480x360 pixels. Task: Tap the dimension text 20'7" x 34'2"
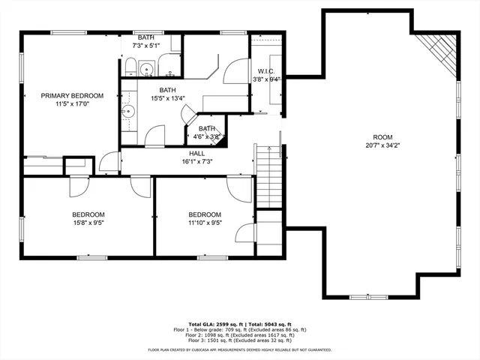[x=382, y=146]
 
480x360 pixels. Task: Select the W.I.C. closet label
[x=265, y=71]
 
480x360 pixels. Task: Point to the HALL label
[x=196, y=153]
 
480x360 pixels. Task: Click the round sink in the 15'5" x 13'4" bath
[x=128, y=111]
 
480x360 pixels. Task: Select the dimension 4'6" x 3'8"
[x=206, y=137]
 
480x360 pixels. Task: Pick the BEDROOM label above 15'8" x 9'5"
[x=88, y=214]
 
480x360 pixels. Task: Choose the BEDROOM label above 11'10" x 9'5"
[x=205, y=214]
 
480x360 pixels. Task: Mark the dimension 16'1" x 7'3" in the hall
[x=196, y=161]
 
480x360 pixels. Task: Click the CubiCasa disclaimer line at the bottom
[x=240, y=349]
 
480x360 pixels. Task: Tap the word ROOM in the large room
[x=382, y=137]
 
